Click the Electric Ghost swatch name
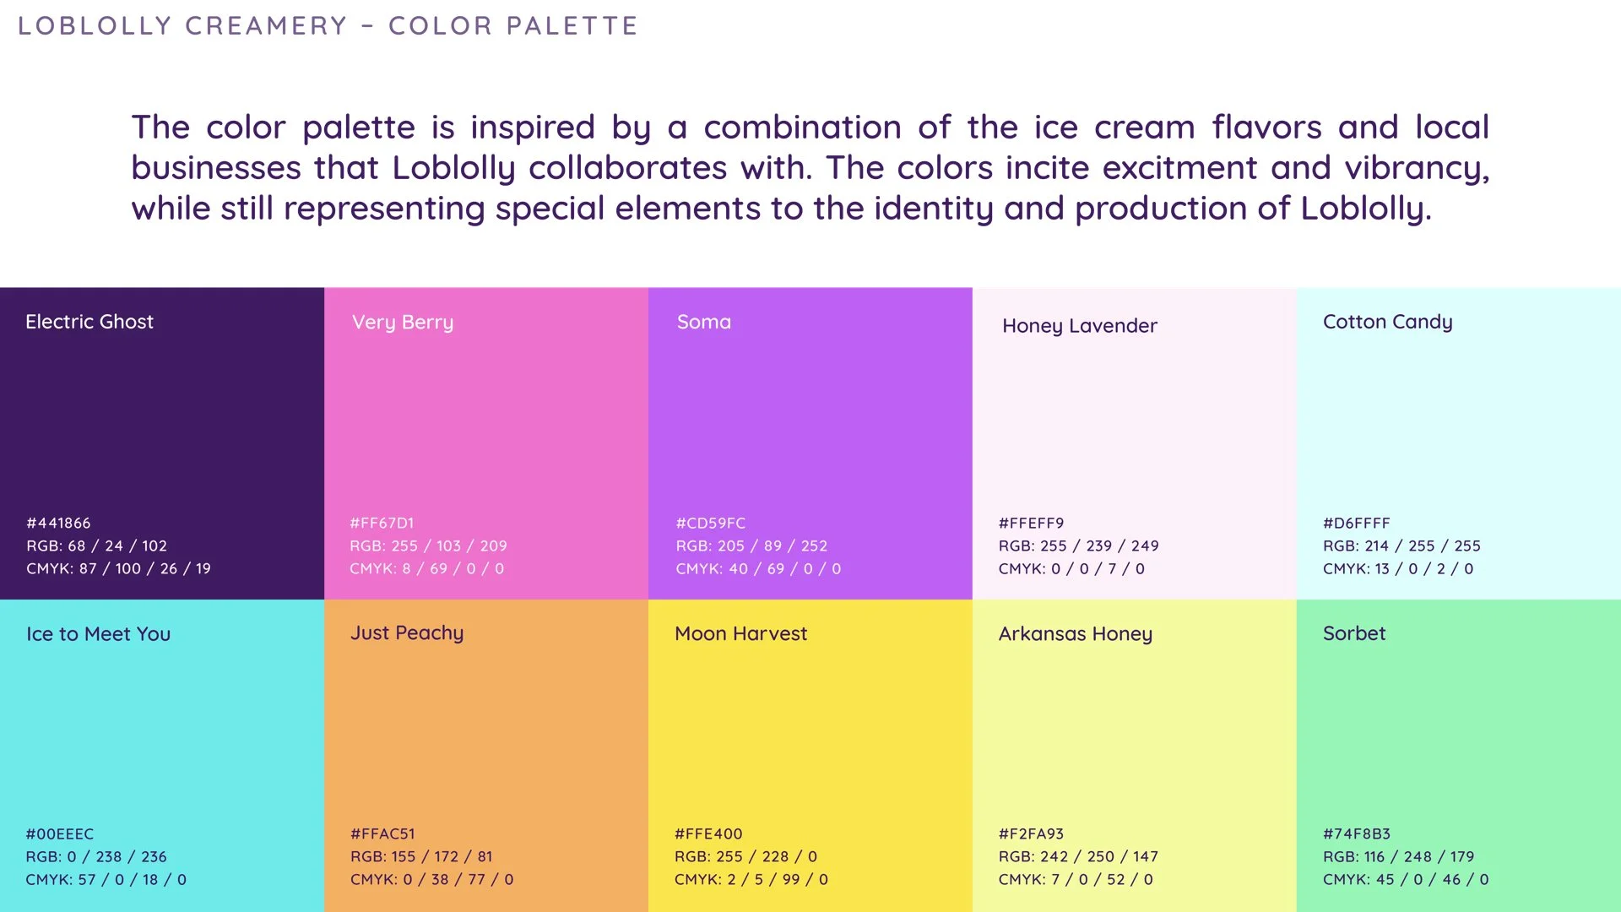[x=89, y=322]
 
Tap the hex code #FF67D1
[x=382, y=524]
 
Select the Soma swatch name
[x=704, y=322]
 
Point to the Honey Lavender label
[x=1079, y=326]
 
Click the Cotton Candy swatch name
[x=1387, y=322]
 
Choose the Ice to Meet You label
[x=98, y=634]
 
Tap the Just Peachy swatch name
[x=407, y=633]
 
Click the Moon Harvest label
[x=740, y=633]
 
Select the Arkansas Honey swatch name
[x=1075, y=634]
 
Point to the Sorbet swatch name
[x=1354, y=633]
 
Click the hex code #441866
[x=58, y=524]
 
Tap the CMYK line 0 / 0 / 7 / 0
[x=1071, y=569]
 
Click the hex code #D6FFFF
[x=1356, y=524]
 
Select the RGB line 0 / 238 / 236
[x=96, y=857]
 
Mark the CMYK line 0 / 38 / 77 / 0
[x=431, y=880]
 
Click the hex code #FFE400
[x=708, y=834]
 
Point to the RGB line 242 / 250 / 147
[x=1078, y=857]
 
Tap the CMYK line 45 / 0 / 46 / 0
[x=1406, y=880]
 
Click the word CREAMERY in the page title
[x=266, y=26]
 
